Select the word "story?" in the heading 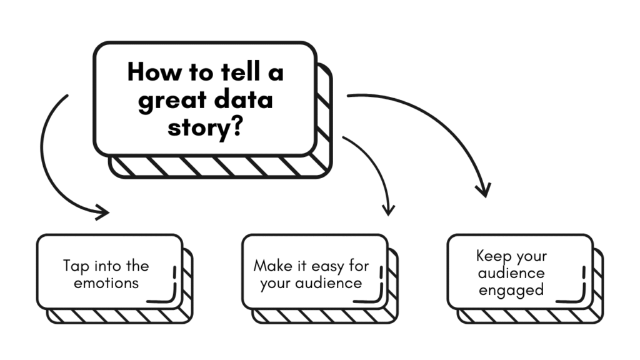[x=206, y=129]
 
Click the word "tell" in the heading [x=234, y=72]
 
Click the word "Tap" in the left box [x=76, y=266]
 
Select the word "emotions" [x=106, y=282]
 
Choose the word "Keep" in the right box [x=493, y=256]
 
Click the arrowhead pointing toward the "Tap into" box [x=102, y=213]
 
